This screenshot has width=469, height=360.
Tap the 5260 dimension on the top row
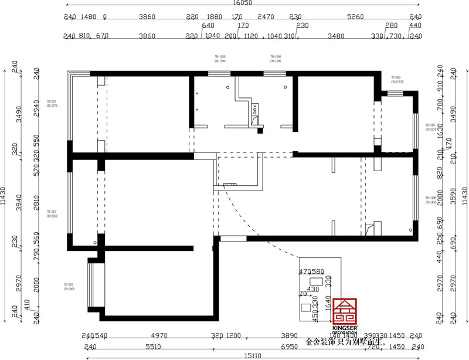(355, 17)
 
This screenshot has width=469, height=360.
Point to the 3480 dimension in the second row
(335, 36)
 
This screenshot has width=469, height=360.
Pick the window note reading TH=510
(69, 287)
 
